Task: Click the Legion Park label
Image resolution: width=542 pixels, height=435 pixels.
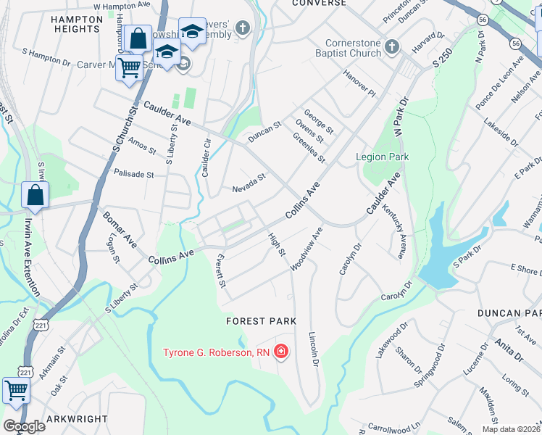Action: pyautogui.click(x=382, y=157)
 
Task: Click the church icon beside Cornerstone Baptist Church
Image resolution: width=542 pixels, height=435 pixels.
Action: pyautogui.click(x=392, y=47)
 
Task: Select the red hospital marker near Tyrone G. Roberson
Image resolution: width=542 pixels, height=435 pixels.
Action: pyautogui.click(x=281, y=353)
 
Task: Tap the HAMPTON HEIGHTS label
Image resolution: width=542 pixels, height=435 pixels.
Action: pyautogui.click(x=76, y=24)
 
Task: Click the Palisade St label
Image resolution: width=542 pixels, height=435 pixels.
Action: pyautogui.click(x=134, y=174)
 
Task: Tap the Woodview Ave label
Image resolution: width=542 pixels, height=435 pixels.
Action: pyautogui.click(x=306, y=249)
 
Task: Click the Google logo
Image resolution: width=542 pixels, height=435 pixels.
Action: pyautogui.click(x=24, y=426)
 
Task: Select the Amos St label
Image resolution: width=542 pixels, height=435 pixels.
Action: pyautogui.click(x=142, y=146)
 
